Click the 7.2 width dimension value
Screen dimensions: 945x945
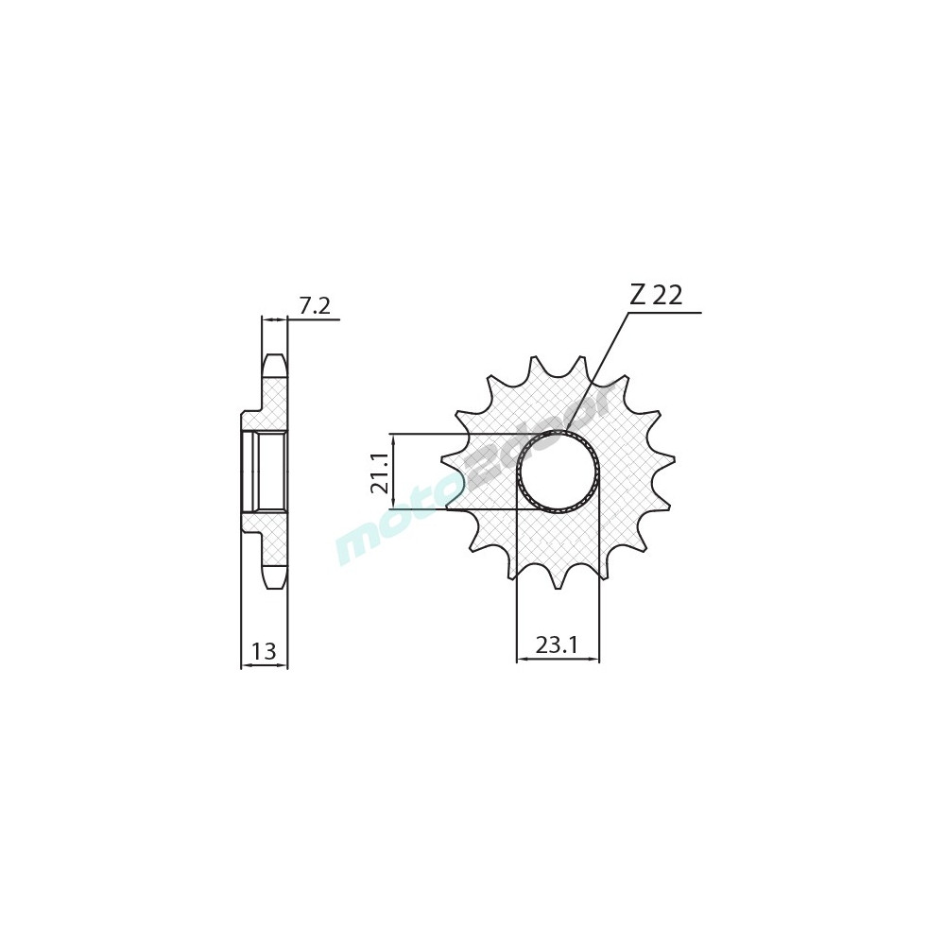314,305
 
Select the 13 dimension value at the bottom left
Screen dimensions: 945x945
264,651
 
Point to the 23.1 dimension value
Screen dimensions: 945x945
557,645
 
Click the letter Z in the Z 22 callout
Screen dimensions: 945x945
638,296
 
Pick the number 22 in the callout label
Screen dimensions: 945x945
667,296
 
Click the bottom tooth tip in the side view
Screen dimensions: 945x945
273,582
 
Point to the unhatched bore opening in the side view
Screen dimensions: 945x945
270,472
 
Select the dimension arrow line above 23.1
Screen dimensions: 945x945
558,661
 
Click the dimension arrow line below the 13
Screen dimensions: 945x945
264,666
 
